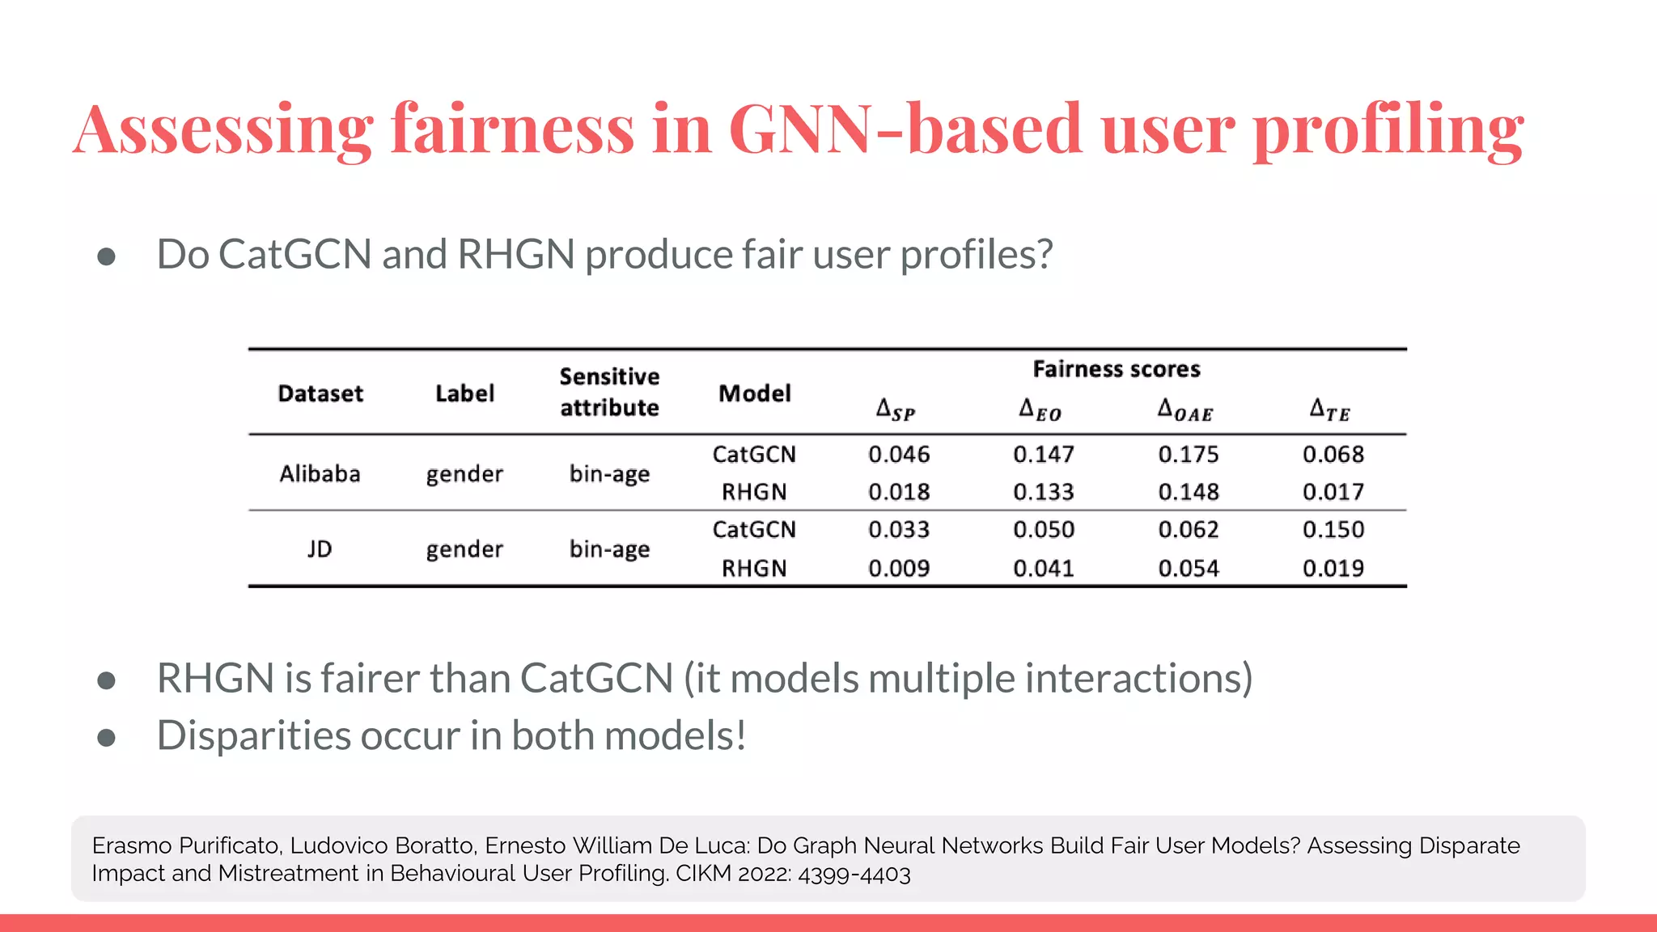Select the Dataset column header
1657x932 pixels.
coord(320,394)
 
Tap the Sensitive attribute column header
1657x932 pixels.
coord(609,392)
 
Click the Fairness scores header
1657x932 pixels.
coord(1116,370)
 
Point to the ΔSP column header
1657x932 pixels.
coord(896,409)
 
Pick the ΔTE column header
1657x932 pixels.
coord(1330,409)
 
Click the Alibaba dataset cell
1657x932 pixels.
coord(320,473)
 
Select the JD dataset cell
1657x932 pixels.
coord(320,549)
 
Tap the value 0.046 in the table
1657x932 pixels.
coord(899,455)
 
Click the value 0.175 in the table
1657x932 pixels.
coord(1188,455)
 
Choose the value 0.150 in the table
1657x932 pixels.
coord(1333,530)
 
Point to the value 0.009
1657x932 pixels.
coord(899,569)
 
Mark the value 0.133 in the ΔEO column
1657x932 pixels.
coord(1044,492)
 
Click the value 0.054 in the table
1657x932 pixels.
coord(1188,569)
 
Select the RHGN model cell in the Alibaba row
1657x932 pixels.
coord(754,492)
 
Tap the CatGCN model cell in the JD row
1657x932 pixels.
coord(754,530)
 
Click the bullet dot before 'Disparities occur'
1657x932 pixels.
coord(106,738)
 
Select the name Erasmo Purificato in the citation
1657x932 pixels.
coord(186,845)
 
